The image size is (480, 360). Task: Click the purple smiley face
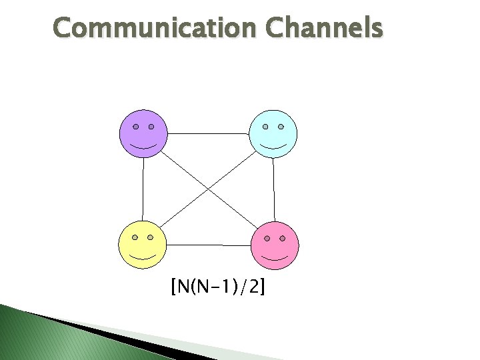pos(143,133)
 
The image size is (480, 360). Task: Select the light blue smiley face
pos(273,133)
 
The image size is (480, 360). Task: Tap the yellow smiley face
pos(142,244)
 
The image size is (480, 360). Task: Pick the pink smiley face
pos(275,245)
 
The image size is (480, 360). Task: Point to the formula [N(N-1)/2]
pos(217,288)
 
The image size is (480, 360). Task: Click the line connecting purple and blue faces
pos(208,133)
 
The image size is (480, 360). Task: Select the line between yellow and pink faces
pos(209,245)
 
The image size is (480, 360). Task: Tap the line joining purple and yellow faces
pos(143,189)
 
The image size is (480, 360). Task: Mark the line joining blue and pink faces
pos(274,189)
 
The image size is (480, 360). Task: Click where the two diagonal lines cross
pos(209,189)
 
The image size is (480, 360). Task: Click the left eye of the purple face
pos(135,126)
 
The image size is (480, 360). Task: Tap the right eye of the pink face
pos(283,237)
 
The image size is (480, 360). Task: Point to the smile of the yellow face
pos(142,256)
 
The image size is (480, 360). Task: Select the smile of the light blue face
pos(273,145)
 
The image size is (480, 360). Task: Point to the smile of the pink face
pos(275,257)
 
